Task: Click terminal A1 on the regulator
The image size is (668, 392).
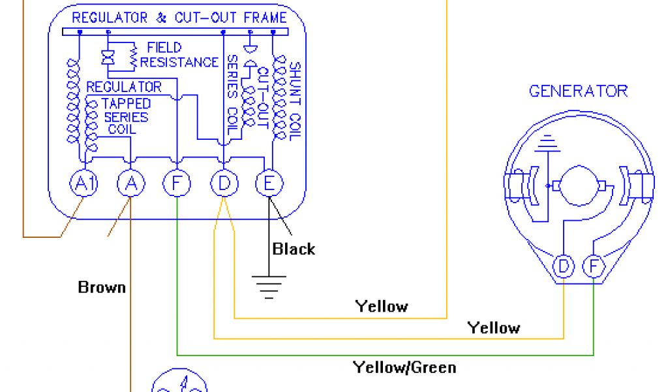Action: [x=83, y=185]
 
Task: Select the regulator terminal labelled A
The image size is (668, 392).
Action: [x=130, y=185]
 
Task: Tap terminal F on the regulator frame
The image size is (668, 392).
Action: [x=177, y=185]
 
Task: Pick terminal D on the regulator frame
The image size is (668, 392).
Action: [x=224, y=185]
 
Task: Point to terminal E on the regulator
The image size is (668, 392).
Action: [x=269, y=185]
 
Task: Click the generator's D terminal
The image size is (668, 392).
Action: [x=563, y=267]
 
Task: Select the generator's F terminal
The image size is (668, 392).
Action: [x=593, y=267]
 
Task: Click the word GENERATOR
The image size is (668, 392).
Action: [x=578, y=91]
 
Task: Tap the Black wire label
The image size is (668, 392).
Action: [x=294, y=249]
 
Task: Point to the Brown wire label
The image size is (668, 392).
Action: [x=102, y=287]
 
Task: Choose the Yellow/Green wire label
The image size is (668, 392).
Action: [x=404, y=367]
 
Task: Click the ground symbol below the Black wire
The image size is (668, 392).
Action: [x=269, y=285]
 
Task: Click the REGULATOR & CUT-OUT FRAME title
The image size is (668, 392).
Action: [x=179, y=18]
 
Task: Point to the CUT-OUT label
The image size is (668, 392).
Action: [x=264, y=98]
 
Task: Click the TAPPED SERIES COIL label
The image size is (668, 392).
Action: [x=126, y=116]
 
